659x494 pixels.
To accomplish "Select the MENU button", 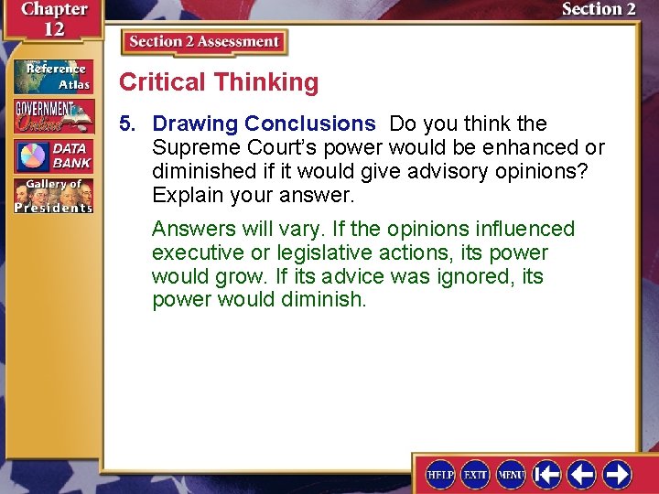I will [x=511, y=474].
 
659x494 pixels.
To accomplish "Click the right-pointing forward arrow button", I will [x=617, y=474].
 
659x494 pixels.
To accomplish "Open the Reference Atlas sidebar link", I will [x=53, y=76].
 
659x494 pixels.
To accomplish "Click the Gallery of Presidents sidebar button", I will [x=53, y=196].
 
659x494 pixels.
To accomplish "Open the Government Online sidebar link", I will [x=53, y=115].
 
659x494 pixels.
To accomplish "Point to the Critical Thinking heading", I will [x=219, y=82].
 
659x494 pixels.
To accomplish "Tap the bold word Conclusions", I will [x=310, y=123].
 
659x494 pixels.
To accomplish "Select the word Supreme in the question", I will [x=190, y=147].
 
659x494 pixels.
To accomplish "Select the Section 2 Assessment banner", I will [x=204, y=42].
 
